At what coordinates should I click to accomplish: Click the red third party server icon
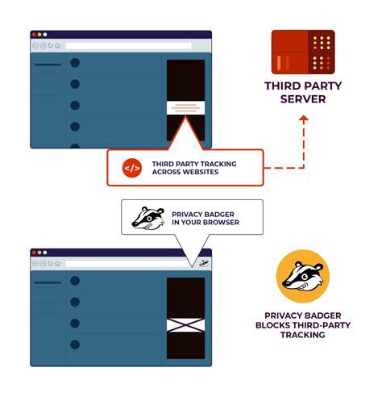click(302, 52)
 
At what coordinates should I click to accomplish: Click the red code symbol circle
click(131, 168)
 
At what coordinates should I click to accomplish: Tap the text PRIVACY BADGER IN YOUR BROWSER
click(205, 218)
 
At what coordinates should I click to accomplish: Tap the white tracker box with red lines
click(185, 107)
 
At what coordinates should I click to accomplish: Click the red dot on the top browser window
click(34, 35)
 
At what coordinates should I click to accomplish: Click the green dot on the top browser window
click(44, 35)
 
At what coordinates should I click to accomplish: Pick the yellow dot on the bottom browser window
click(39, 253)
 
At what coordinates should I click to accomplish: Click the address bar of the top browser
click(129, 45)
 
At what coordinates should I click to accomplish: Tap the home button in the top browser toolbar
click(58, 45)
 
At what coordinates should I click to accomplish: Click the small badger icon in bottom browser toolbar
click(204, 263)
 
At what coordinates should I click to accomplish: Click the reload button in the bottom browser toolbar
click(50, 263)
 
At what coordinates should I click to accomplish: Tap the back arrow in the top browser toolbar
click(35, 45)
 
